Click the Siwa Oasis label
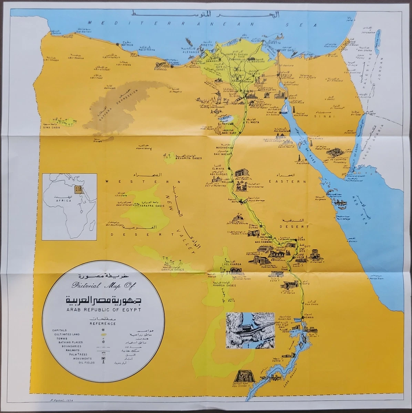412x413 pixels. point(51,127)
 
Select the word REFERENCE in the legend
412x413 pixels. point(103,324)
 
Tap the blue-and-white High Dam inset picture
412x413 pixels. point(250,330)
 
